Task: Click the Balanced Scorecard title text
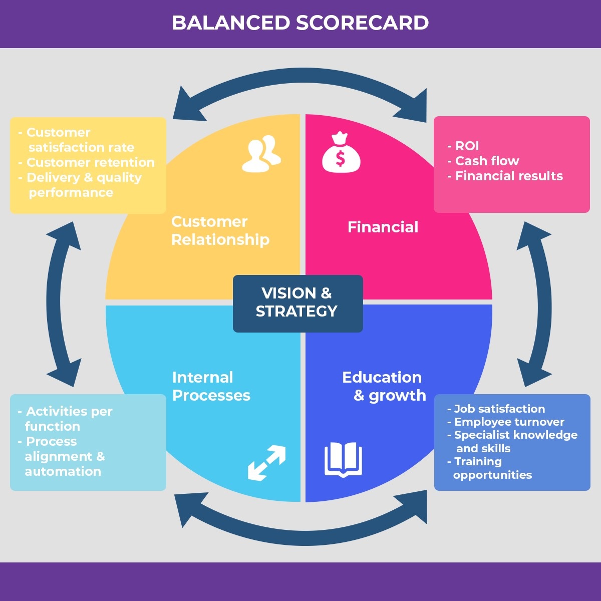(300, 23)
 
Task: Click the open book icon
(343, 459)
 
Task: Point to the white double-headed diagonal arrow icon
(266, 463)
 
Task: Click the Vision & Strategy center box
(297, 303)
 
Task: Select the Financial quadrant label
(383, 227)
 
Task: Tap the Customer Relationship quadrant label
(220, 230)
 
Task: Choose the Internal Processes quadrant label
(211, 386)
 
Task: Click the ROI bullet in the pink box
(466, 146)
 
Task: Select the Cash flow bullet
(486, 161)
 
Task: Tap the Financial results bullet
(508, 176)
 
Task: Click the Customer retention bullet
(90, 162)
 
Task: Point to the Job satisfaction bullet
(499, 409)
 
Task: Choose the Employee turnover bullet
(509, 422)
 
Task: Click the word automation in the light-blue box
(63, 471)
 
